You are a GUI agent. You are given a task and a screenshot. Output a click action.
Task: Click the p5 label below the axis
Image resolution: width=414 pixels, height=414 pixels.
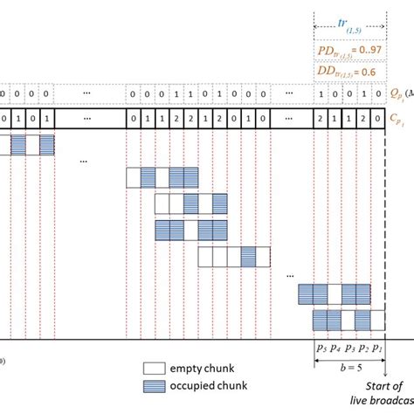(320, 348)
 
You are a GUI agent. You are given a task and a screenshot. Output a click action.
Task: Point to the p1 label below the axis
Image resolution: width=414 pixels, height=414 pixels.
(376, 348)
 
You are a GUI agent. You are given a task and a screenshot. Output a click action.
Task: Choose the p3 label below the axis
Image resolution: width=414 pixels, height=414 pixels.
(348, 348)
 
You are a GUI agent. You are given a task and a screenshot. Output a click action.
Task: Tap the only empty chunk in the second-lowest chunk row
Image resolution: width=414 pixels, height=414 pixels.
(335, 292)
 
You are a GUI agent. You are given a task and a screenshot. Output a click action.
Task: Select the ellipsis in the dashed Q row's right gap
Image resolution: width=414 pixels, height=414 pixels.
(287, 92)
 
